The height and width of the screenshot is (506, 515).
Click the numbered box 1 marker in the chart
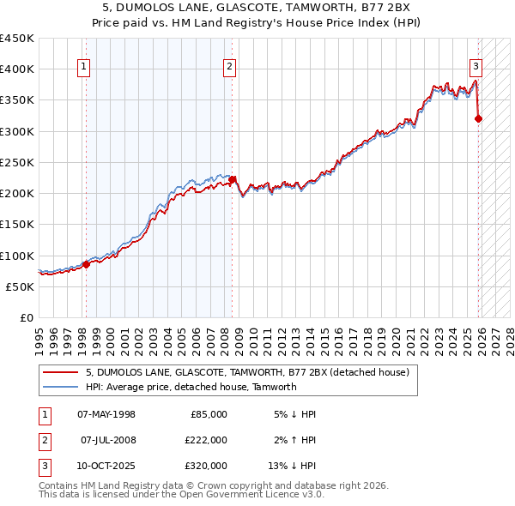pos(84,69)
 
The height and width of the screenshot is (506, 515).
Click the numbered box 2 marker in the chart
pos(230,69)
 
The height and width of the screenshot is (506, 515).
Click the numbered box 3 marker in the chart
pos(476,69)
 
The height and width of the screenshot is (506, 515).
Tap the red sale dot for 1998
pos(86,264)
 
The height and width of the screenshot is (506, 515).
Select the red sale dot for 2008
pos(232,179)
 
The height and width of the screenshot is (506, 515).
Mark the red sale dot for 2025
pos(478,118)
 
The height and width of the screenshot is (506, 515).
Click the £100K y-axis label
pos(17,256)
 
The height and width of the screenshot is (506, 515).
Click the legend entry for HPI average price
pos(191,387)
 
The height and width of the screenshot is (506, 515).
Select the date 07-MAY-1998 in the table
pos(106,414)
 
